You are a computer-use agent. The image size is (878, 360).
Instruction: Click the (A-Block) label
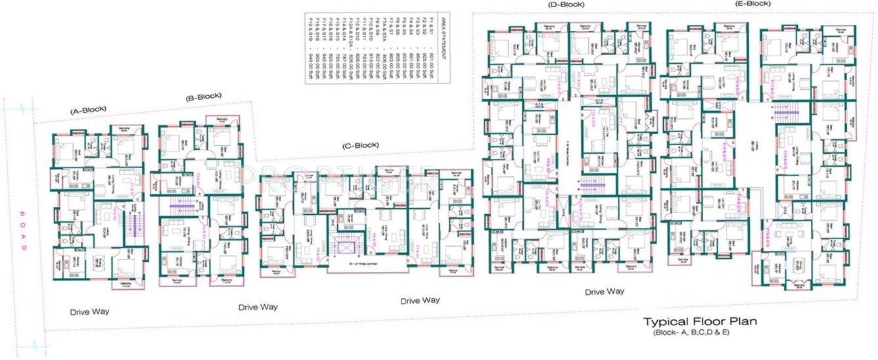pyautogui.click(x=88, y=111)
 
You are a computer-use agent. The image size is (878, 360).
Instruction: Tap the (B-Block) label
pyautogui.click(x=204, y=96)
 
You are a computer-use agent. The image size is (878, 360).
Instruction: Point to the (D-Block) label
pyautogui.click(x=566, y=5)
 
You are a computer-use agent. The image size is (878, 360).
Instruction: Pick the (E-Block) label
pyautogui.click(x=752, y=3)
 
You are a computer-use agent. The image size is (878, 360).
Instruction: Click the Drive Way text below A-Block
pyautogui.click(x=90, y=311)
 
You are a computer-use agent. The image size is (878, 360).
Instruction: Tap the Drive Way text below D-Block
pyautogui.click(x=605, y=291)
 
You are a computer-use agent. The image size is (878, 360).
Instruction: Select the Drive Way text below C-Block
pyautogui.click(x=420, y=300)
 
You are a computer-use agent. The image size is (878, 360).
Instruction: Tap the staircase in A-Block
pyautogui.click(x=135, y=225)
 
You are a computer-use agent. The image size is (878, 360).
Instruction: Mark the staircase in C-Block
pyautogui.click(x=342, y=248)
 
